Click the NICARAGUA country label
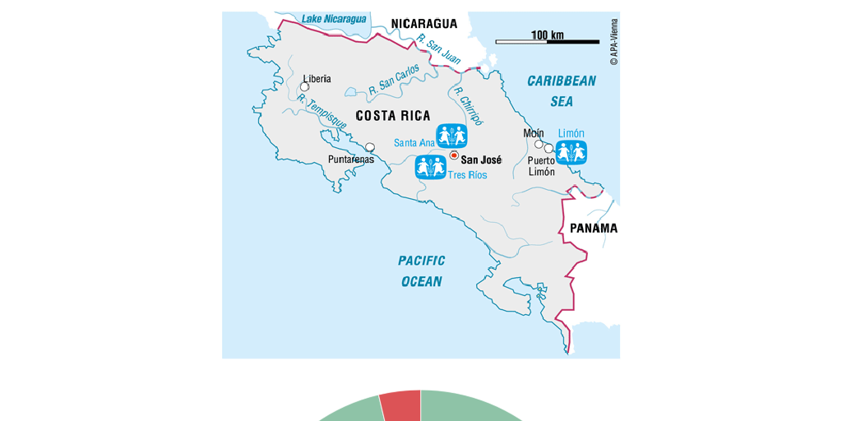point(423,24)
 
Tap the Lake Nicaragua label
point(334,19)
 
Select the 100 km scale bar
point(547,40)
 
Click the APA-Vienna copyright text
point(614,42)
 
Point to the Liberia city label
point(317,79)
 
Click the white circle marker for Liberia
point(304,86)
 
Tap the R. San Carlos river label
point(394,78)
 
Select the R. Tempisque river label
point(322,111)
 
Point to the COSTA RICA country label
point(392,116)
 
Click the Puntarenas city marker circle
point(370,148)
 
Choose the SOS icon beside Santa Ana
point(451,136)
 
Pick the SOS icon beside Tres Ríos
point(431,167)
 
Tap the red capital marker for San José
point(454,155)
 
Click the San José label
point(481,160)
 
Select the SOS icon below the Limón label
point(571,152)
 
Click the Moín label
point(533,133)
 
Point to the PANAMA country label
point(593,228)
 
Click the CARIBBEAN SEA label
point(562,91)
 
